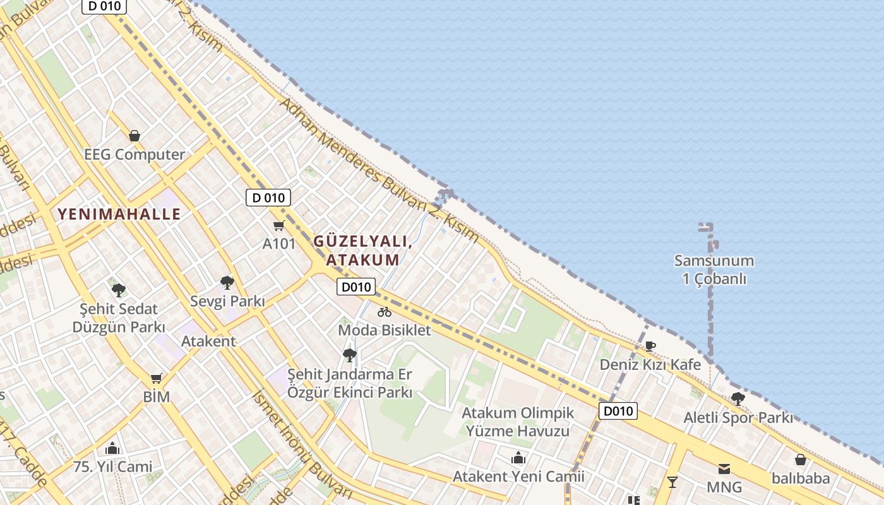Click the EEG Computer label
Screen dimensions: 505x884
(x=134, y=155)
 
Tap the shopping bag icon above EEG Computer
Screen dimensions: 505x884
(x=134, y=136)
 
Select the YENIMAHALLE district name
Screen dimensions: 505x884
(x=119, y=214)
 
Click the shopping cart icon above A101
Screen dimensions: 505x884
(x=278, y=225)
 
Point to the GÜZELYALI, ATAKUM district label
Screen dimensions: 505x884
(x=362, y=251)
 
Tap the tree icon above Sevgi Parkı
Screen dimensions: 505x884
(x=227, y=282)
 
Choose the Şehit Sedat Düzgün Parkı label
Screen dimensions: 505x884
(x=119, y=318)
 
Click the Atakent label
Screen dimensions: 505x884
(x=208, y=342)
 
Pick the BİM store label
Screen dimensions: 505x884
(x=156, y=397)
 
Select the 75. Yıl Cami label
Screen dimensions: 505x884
(x=113, y=467)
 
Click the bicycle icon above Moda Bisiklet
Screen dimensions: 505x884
(x=384, y=312)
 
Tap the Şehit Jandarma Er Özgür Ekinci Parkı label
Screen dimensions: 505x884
(x=350, y=383)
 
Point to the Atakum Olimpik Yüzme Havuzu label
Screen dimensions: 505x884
(x=518, y=422)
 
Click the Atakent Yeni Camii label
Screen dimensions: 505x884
(x=518, y=477)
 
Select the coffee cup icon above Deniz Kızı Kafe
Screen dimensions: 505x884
(x=650, y=346)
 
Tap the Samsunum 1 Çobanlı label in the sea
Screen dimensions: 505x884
(x=714, y=270)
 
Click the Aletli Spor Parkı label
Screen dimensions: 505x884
(x=738, y=418)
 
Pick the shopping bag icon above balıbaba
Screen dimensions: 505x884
(x=800, y=460)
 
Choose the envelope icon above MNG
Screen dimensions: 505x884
(x=724, y=469)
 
